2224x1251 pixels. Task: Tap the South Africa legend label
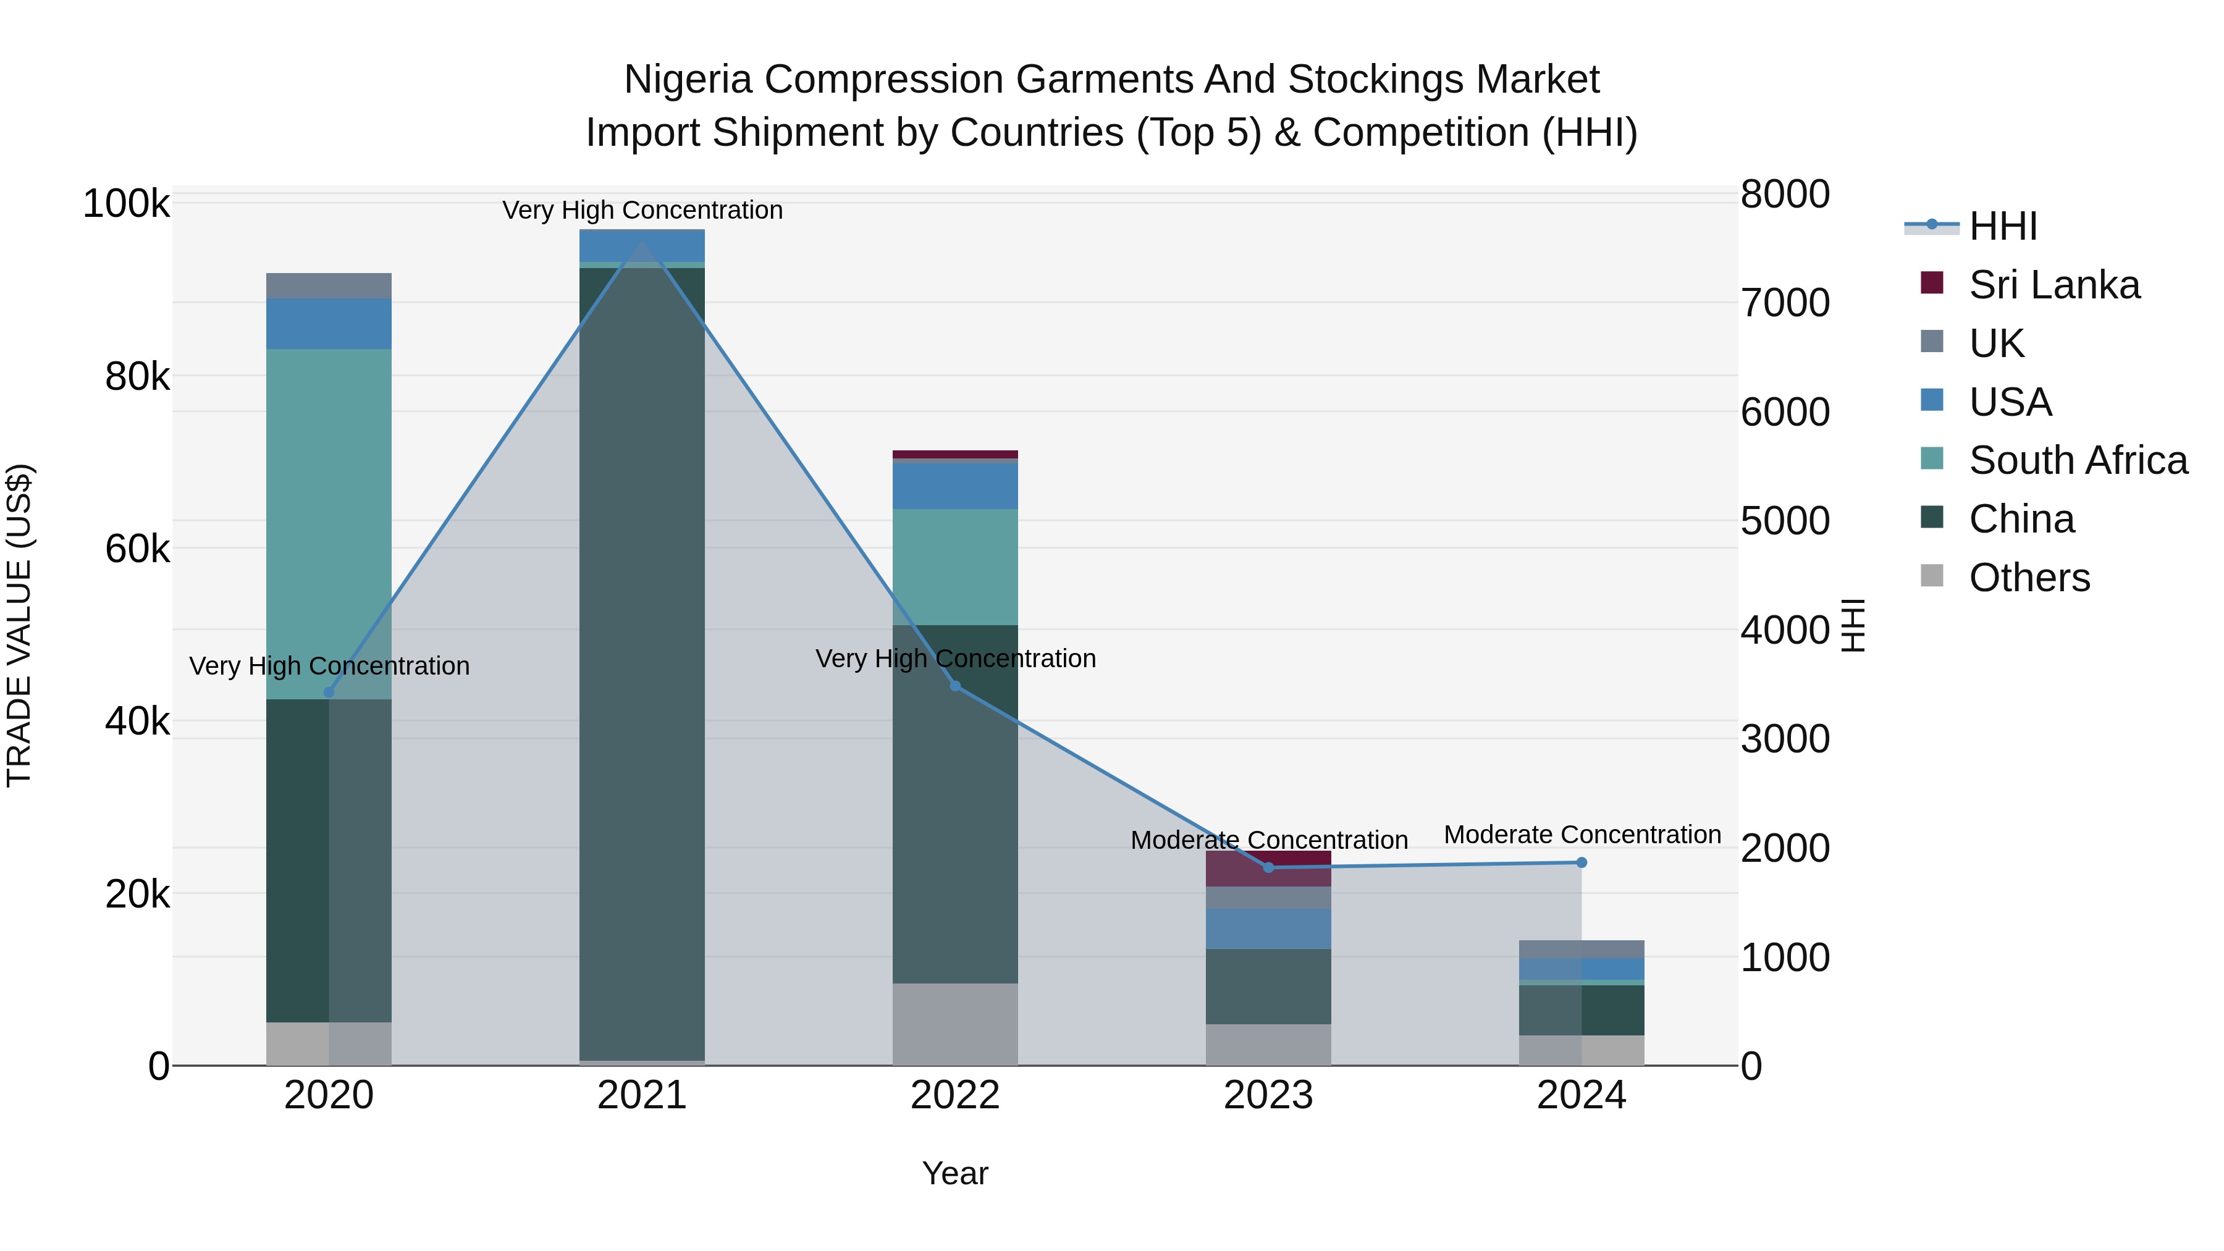2078,460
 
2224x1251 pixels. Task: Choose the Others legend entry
2029,578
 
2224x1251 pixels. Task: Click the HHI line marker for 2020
329,693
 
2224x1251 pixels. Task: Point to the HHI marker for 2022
955,686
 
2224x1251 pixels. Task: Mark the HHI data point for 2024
1582,862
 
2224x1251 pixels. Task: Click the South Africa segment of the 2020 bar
329,523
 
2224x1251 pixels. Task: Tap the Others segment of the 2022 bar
955,1024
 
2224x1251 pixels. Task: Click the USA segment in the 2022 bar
955,486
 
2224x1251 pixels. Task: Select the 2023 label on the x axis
1268,1095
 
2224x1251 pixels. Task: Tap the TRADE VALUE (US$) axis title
19,625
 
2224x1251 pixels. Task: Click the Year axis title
955,1173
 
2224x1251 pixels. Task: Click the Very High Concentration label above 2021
642,210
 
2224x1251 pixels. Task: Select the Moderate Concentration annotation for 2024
1582,835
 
